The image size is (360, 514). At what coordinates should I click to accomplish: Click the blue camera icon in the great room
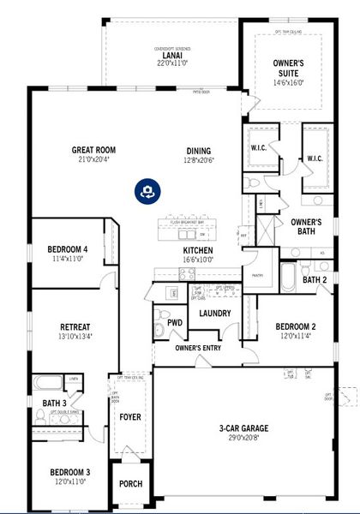148,190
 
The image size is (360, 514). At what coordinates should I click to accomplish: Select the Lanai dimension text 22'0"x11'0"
171,63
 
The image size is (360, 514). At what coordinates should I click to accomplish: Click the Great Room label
93,150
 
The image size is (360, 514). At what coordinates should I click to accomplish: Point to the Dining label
198,151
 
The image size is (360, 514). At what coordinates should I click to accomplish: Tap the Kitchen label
197,250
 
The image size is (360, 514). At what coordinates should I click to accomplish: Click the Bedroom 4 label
68,250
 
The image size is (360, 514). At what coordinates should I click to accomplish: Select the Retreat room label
75,327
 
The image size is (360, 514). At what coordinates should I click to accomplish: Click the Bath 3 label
53,403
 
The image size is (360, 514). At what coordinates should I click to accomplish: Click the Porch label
130,484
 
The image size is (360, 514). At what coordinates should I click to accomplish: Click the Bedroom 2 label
296,326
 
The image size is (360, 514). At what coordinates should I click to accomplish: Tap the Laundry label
214,314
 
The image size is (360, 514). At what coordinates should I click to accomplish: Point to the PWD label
175,323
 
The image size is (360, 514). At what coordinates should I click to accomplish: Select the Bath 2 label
314,279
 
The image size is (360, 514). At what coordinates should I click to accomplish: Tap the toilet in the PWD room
159,332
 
